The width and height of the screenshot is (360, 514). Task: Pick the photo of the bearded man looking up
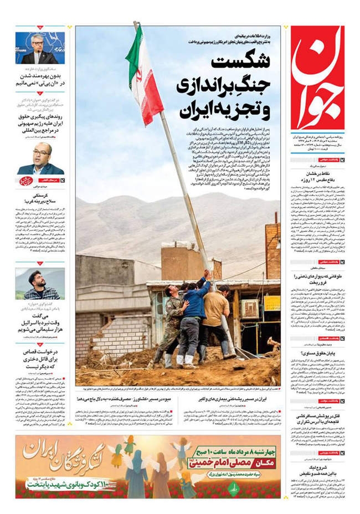[39, 284]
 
